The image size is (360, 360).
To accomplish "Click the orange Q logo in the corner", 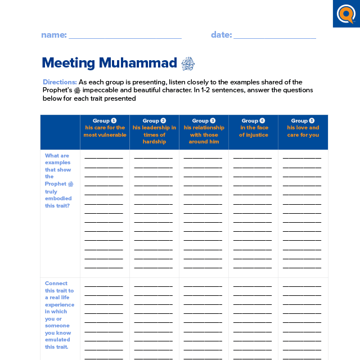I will (x=346, y=13).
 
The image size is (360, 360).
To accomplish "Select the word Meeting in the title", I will (x=69, y=62).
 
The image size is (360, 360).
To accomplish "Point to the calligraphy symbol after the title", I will (x=188, y=63).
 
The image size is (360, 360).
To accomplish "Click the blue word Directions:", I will (x=60, y=82).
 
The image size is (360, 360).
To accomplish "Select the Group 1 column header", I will (x=105, y=120).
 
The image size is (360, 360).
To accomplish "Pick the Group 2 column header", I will (x=154, y=120).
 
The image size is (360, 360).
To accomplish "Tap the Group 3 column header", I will (x=204, y=120).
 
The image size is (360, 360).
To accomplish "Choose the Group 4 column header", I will (x=253, y=120).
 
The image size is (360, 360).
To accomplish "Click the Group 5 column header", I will (x=303, y=120).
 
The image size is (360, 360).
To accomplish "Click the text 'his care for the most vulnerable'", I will (x=105, y=131).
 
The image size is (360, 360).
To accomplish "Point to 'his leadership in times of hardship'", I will (x=154, y=134).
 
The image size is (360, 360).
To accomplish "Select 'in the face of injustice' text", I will (x=253, y=131).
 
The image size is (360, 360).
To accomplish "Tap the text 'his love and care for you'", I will (x=303, y=131).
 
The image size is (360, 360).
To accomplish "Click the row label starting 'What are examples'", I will (x=58, y=181).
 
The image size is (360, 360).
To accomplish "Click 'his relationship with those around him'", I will (x=204, y=134).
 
